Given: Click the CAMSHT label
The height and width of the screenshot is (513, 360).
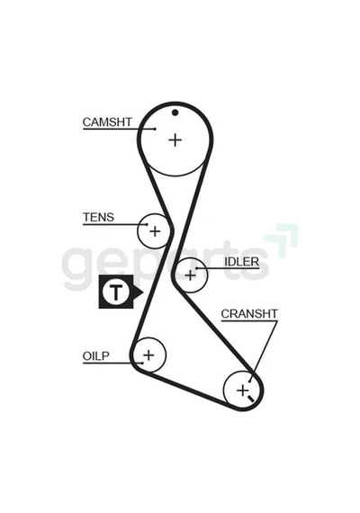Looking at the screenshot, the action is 107,122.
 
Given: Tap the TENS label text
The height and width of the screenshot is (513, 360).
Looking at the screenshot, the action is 98,217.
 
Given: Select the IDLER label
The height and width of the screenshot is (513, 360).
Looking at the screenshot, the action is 241,261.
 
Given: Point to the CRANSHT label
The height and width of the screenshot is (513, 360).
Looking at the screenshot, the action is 249,314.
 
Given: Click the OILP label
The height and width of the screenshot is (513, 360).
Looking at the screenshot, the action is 96,355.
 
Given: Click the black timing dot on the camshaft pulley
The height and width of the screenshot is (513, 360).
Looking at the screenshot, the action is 175,112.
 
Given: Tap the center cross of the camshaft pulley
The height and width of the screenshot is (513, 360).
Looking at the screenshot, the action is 175,140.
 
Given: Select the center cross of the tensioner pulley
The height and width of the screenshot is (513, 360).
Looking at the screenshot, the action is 155,231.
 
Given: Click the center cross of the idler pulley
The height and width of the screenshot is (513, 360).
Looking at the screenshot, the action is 190,275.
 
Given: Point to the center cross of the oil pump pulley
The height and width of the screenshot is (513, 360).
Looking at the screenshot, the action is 148,355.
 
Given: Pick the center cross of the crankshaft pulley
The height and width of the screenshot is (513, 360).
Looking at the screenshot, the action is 242,391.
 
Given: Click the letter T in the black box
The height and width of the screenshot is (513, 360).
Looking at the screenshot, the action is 115,292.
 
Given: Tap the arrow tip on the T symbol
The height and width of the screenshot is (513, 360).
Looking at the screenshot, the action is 143,292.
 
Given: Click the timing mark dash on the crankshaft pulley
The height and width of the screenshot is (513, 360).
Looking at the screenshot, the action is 251,399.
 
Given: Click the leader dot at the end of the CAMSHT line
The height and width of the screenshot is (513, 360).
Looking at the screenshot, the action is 155,129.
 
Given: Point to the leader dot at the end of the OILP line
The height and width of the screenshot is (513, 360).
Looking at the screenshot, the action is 142,363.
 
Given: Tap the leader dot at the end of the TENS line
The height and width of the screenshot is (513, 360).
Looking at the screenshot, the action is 147,224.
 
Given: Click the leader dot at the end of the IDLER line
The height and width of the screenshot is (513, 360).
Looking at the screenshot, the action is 197,268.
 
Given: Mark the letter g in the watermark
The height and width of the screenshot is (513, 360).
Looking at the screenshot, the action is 78,269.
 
